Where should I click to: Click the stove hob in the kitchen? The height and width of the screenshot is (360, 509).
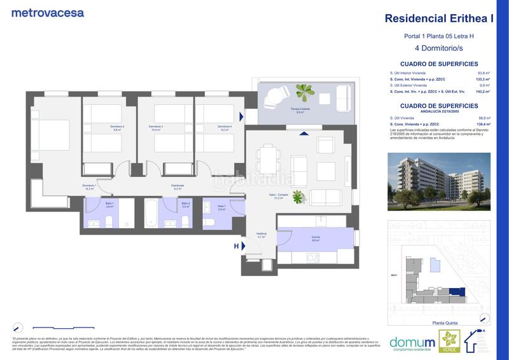click(x=312, y=257)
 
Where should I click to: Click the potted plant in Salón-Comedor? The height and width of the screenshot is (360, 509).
click(x=296, y=199)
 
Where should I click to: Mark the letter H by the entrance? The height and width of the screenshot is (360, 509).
click(x=236, y=246)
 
